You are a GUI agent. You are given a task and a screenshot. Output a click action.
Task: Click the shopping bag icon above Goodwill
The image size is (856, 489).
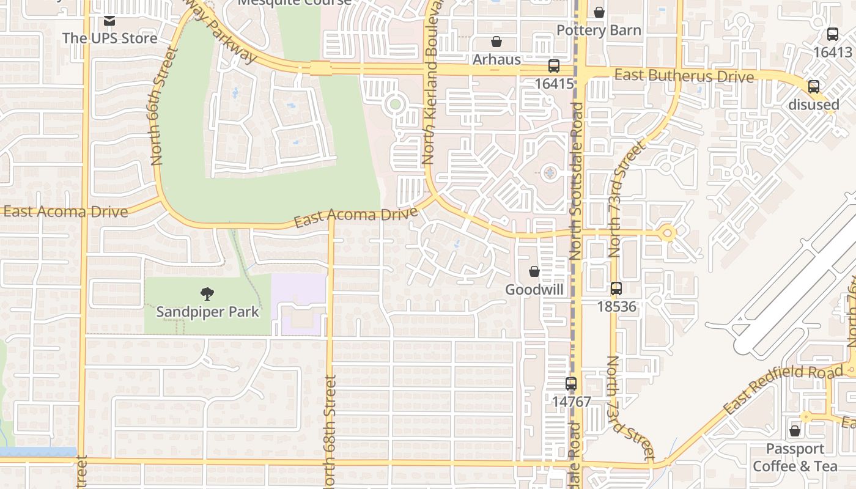click(534, 271)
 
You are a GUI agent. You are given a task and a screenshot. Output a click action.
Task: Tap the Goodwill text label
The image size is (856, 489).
click(534, 290)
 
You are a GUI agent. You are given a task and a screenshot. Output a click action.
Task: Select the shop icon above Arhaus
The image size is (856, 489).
click(496, 42)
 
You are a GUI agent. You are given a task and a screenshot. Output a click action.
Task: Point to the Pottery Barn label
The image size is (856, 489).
click(599, 31)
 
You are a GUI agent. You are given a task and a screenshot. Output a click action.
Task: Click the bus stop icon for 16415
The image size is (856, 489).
click(554, 66)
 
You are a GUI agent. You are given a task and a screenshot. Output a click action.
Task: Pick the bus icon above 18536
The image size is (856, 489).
click(616, 289)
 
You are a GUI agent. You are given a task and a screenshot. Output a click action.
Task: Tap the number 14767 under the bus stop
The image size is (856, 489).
click(571, 402)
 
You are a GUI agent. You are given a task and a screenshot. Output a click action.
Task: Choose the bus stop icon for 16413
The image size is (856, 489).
click(833, 34)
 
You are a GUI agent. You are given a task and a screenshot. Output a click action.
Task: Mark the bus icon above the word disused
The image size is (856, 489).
click(814, 87)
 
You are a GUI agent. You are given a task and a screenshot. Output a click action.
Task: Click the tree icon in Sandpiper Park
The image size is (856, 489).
click(207, 294)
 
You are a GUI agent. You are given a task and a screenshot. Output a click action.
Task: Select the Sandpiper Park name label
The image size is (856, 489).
click(207, 312)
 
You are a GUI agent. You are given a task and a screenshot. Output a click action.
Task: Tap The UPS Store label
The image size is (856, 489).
click(110, 38)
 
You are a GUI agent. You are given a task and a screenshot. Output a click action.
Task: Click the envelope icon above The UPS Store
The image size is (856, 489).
click(109, 21)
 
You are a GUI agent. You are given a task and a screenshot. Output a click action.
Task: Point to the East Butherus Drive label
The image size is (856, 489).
click(684, 76)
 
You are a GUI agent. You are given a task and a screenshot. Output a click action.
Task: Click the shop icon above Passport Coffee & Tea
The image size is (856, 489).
click(795, 432)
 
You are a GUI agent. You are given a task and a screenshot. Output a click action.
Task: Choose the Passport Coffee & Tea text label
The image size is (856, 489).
click(795, 458)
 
